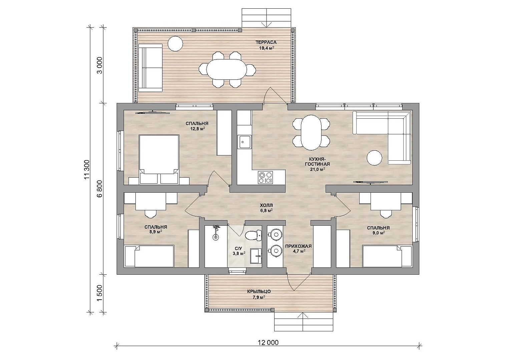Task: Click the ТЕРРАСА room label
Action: tap(266, 42)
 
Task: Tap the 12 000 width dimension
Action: tap(268, 343)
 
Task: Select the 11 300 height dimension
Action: tap(87, 170)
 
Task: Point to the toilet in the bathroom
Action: tap(253, 235)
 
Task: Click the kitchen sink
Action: tap(244, 142)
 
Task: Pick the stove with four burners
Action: tap(266, 178)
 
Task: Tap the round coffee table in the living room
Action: tap(374, 158)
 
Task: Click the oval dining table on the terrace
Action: tap(226, 69)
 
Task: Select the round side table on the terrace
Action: tap(175, 44)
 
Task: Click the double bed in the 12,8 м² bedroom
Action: tap(159, 159)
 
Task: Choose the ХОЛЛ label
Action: tap(266, 206)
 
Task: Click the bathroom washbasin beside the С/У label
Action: tap(256, 256)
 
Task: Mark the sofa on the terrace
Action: tap(150, 68)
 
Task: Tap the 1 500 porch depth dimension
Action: tap(99, 293)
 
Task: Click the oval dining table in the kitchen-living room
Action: tap(311, 133)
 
